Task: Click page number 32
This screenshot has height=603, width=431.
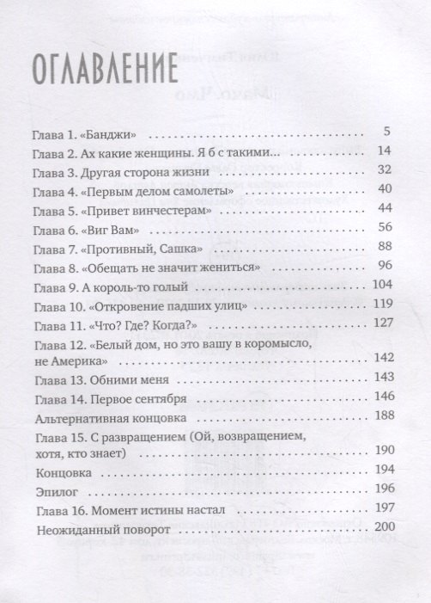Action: point(384,170)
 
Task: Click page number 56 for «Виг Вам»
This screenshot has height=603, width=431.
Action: point(384,227)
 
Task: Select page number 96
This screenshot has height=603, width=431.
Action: point(384,266)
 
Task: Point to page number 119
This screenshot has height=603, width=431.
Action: point(381,304)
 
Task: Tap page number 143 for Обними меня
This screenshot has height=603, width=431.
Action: point(380,378)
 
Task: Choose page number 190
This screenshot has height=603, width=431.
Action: point(381,451)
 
